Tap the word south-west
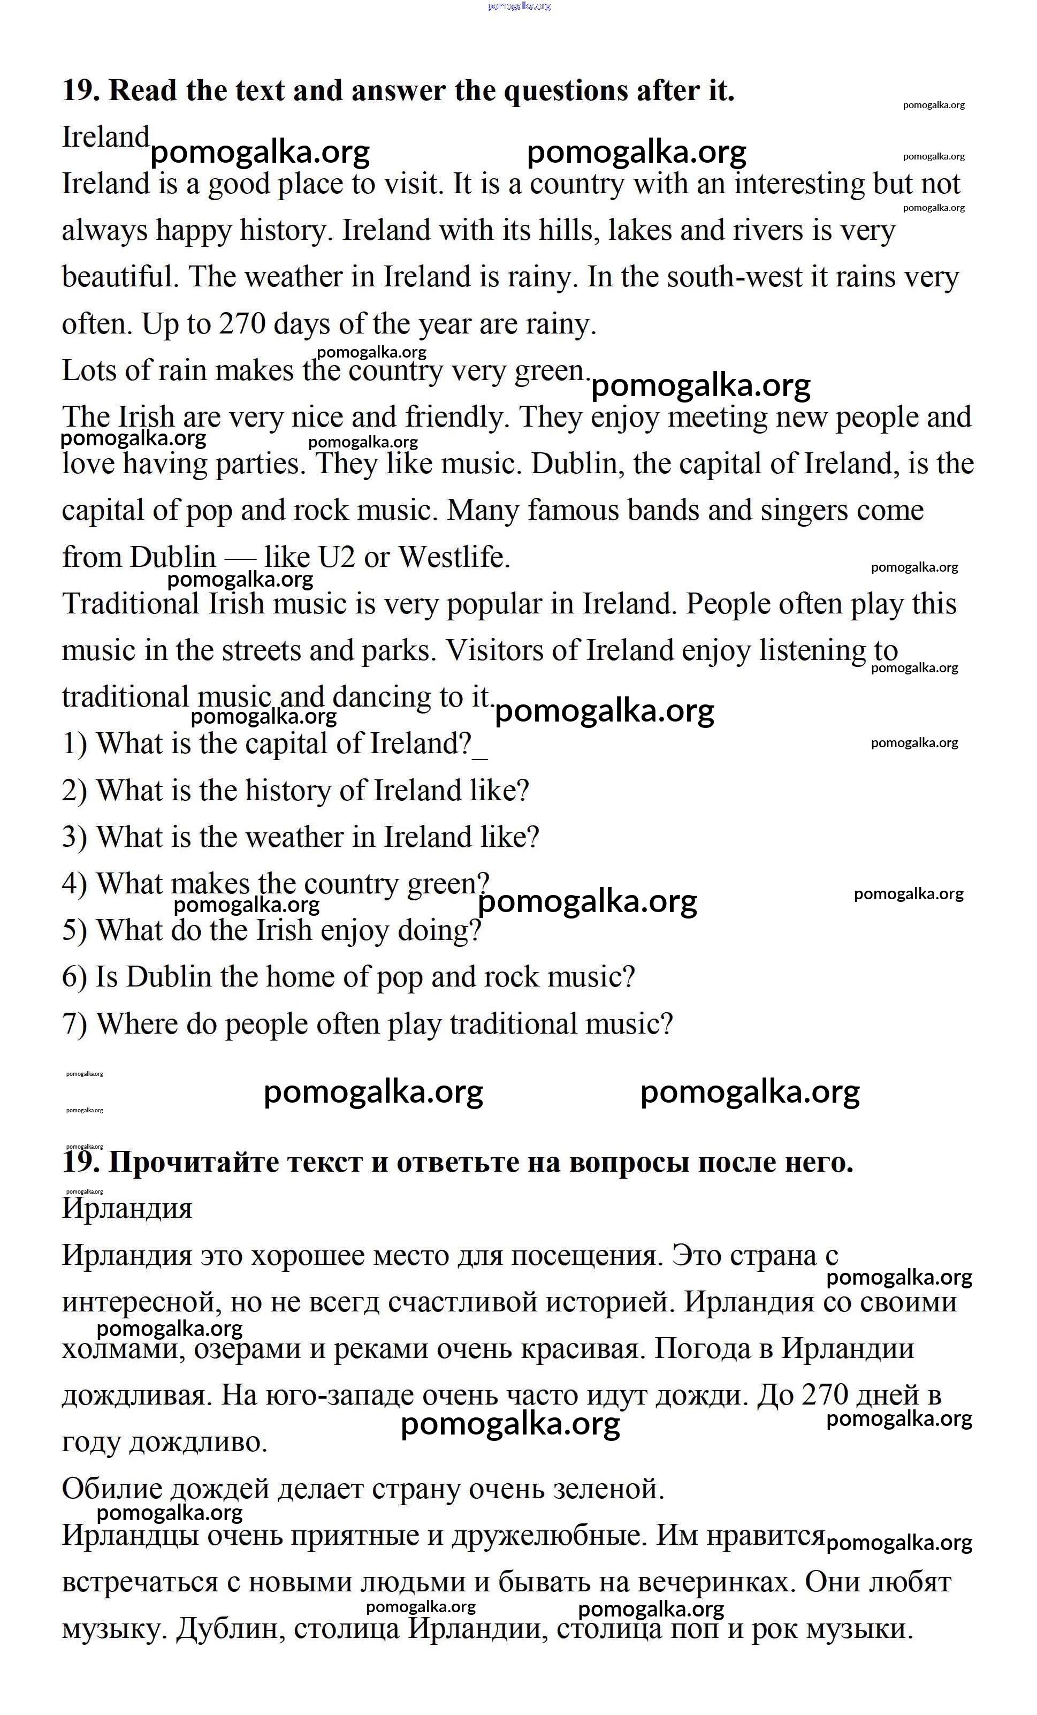point(735,277)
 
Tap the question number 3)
point(74,837)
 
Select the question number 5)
point(74,931)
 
